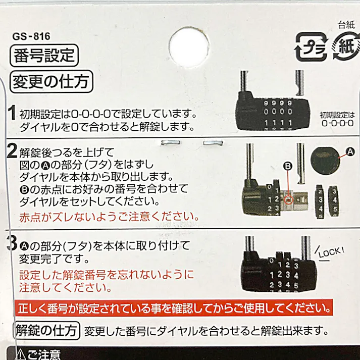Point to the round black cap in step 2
point(324,161)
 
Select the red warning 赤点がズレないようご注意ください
point(108,217)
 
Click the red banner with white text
point(173,307)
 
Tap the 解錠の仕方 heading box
point(47,330)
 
